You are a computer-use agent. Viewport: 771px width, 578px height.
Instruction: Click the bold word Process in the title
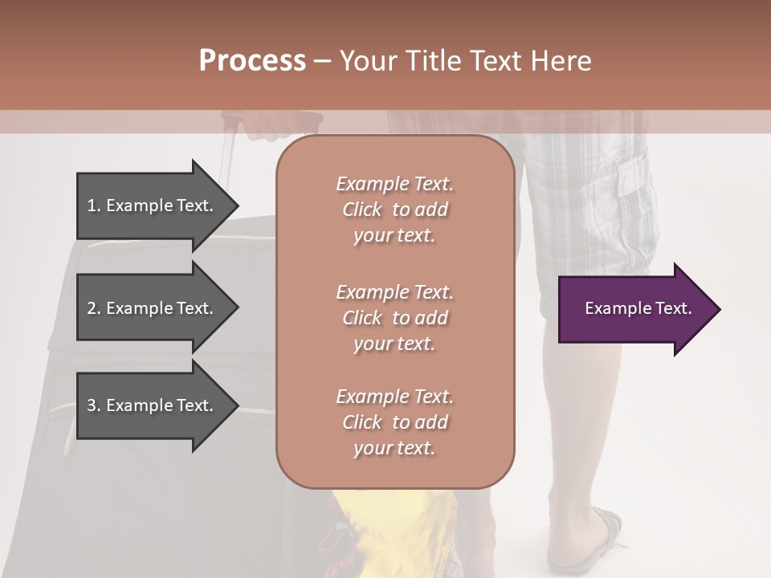click(252, 60)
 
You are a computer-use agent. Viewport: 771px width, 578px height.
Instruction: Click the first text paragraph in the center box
click(394, 210)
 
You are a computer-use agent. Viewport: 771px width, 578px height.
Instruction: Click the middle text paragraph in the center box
click(394, 318)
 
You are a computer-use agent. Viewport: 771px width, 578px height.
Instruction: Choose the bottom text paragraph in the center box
click(394, 422)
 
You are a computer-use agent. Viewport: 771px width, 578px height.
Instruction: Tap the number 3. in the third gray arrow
click(94, 405)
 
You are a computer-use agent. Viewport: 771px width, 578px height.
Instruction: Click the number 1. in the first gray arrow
click(93, 206)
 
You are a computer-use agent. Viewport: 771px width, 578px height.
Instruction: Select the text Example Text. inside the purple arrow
click(638, 308)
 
